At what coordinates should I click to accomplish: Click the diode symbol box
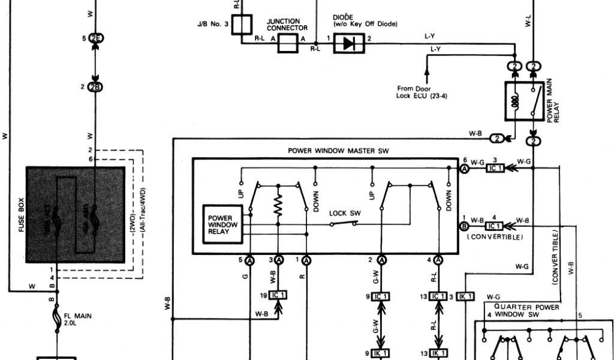point(348,43)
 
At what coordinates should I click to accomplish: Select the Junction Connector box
point(288,43)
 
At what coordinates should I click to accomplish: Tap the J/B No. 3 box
point(240,26)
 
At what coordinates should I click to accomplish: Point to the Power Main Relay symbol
point(524,98)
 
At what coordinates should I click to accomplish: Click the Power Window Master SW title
point(339,151)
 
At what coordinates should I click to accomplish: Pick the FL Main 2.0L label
point(77,317)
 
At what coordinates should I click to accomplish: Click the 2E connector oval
point(95,38)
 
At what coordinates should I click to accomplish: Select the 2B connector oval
point(95,87)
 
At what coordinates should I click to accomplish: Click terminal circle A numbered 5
point(249,260)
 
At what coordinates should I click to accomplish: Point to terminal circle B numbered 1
point(464,226)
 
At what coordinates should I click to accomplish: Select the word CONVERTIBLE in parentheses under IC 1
point(495,238)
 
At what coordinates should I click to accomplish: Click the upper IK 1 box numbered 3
point(465,296)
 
